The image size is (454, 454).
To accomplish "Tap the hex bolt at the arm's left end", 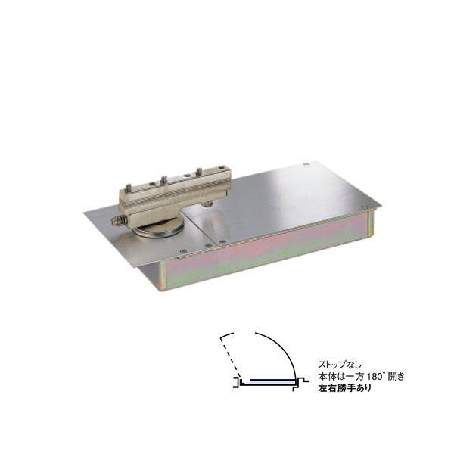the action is (x=118, y=222).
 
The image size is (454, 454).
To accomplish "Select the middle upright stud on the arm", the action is (x=163, y=179).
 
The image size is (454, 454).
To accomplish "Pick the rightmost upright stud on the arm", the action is (x=199, y=172).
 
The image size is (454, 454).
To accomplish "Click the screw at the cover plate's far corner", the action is (x=305, y=164).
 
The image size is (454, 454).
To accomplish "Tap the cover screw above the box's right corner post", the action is (x=365, y=207).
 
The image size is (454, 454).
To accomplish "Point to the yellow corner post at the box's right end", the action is (x=370, y=222).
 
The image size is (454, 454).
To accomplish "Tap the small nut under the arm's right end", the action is (x=207, y=204).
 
